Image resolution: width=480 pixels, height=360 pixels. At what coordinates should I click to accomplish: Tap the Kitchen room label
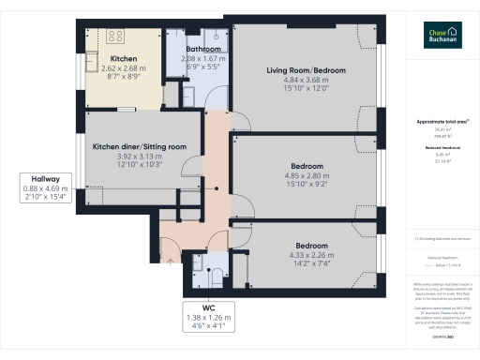124,58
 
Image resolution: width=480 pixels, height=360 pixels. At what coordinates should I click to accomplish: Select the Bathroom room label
203,49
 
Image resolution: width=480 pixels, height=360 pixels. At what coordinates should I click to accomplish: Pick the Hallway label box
46,187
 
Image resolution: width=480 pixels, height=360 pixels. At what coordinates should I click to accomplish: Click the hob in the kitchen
116,37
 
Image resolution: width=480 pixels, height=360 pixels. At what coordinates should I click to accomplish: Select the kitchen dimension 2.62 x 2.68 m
124,68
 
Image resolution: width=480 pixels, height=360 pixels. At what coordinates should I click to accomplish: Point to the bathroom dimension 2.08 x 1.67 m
203,59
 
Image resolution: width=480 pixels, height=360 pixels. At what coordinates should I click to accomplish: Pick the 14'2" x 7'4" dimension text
299,264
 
